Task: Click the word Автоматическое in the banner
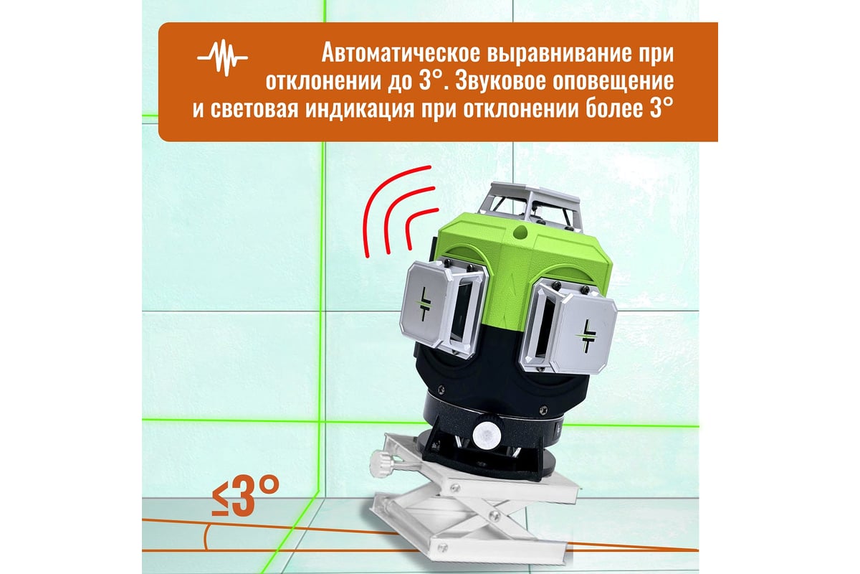[x=401, y=52]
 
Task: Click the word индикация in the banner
[x=360, y=109]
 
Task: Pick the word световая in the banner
[x=254, y=109]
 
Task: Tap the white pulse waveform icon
[x=222, y=58]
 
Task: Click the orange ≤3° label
[x=245, y=496]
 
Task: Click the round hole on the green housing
[x=520, y=231]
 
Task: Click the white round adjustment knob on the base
[x=487, y=433]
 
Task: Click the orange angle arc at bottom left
[x=206, y=537]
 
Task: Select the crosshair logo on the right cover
[x=586, y=335]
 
